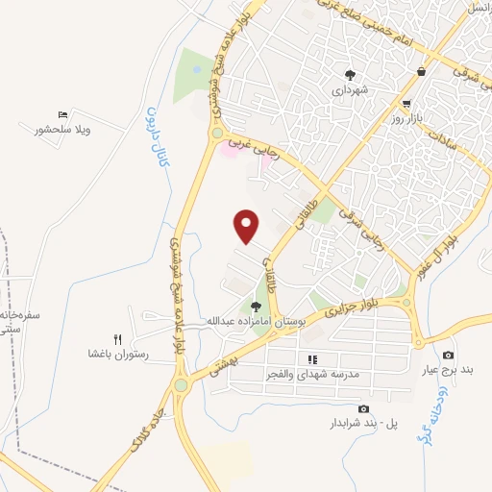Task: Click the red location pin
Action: click(248, 225)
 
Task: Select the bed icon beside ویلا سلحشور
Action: click(62, 115)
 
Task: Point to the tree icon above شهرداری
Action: click(351, 74)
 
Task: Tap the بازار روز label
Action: click(407, 118)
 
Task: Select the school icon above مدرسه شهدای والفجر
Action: click(310, 358)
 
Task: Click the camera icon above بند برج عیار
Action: click(448, 356)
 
